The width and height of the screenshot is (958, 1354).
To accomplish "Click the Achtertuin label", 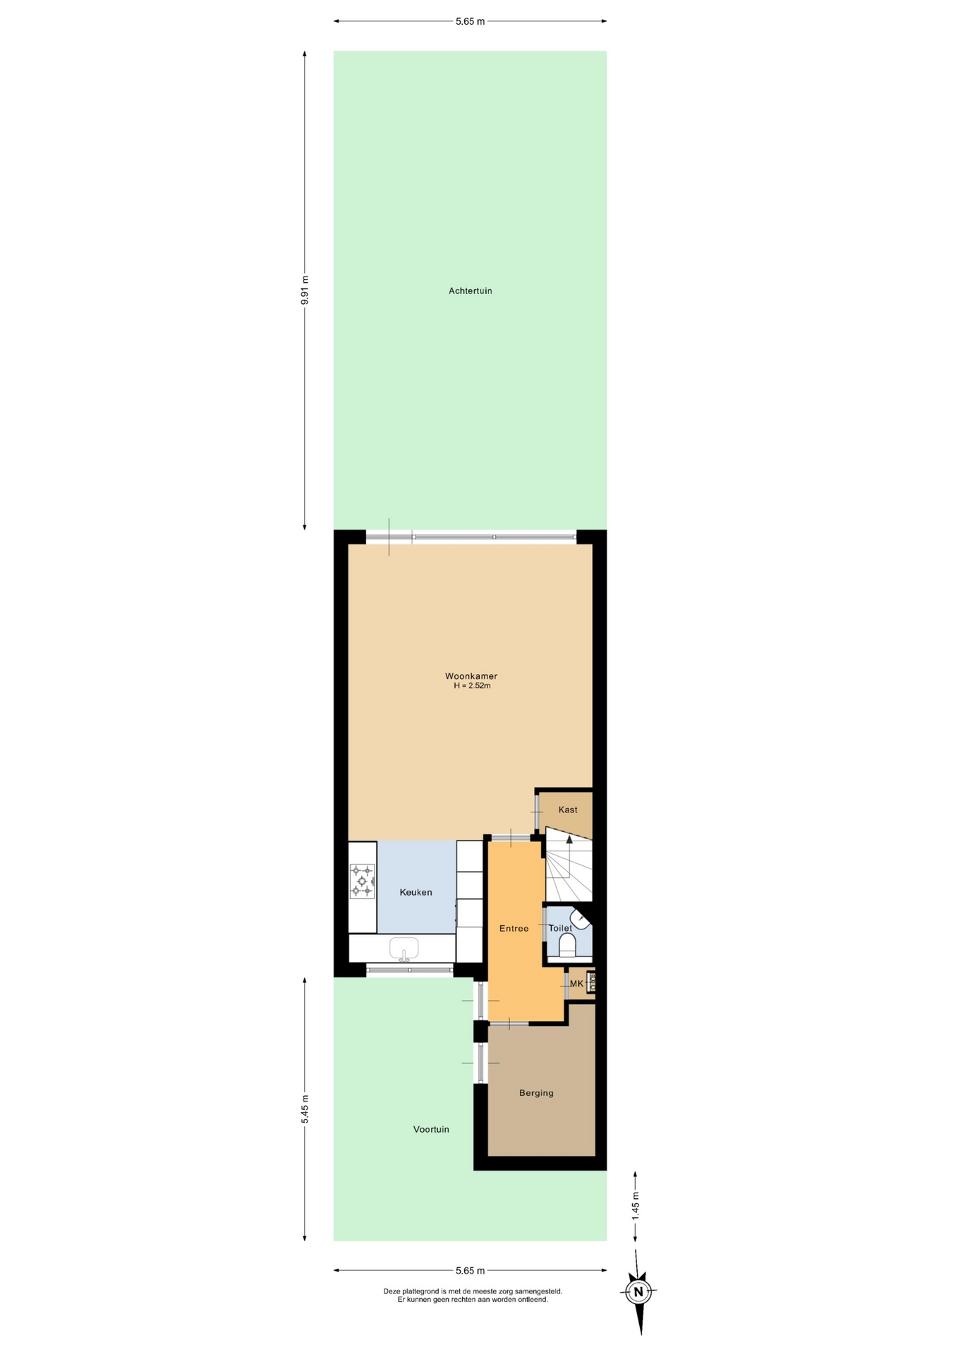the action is tap(470, 291).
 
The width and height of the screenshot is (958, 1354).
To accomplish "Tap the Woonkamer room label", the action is tap(471, 676).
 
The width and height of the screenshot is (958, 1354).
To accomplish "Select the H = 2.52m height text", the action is tap(472, 685).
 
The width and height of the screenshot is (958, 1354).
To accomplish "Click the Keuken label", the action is tap(416, 892).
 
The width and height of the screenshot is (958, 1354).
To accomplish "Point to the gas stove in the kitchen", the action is tap(363, 881).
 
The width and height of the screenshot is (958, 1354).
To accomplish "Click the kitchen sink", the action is tap(404, 949).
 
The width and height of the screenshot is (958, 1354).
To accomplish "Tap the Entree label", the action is tap(514, 928).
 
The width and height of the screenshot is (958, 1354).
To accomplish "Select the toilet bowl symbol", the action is tap(567, 944).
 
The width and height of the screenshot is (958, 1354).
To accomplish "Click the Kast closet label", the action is tap(568, 810).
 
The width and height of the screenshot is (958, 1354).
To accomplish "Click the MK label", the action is tap(576, 984).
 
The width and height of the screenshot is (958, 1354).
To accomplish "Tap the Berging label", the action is tap(536, 1093).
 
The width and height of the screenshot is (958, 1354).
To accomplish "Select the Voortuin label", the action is tap(431, 1129).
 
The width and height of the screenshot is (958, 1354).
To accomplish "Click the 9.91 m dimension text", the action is tap(305, 290).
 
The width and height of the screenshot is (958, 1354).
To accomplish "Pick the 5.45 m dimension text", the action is tap(305, 1109).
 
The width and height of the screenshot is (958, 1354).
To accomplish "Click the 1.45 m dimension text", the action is tap(635, 1206).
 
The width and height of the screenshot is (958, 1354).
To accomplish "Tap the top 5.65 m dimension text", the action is tap(470, 21).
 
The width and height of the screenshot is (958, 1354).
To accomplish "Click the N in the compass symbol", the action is tap(638, 1293).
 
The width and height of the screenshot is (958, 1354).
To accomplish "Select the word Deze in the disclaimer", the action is tap(392, 1291).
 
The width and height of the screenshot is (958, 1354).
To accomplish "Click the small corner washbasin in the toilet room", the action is tap(580, 920).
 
